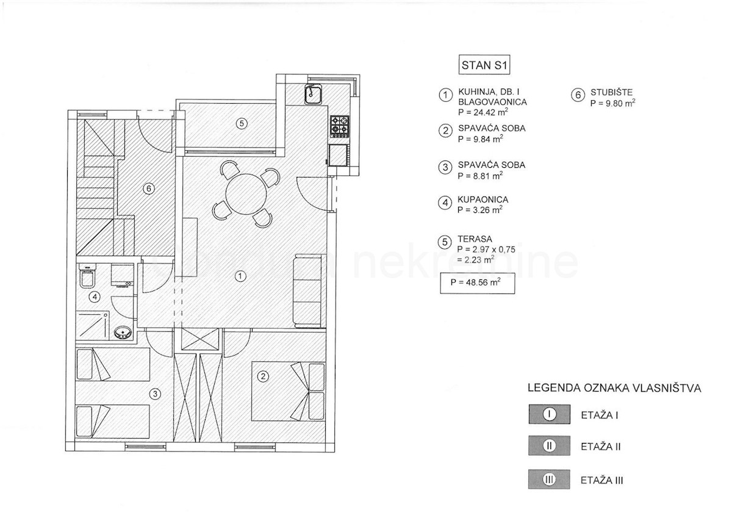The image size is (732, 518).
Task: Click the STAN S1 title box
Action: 484,65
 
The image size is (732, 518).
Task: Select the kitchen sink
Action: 313,94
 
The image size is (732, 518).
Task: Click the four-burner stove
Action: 340,126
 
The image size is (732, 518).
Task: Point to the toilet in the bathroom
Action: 88,276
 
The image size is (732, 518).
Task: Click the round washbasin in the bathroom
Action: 123,333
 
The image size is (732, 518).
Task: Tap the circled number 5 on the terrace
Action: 242,123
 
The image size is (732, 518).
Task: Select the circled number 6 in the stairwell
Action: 149,189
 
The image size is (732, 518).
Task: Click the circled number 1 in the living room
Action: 240,276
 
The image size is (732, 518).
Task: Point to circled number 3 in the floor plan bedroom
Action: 155,394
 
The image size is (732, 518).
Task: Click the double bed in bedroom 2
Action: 288,391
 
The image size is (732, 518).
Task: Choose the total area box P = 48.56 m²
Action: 478,283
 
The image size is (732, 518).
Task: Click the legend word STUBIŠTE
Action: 611,93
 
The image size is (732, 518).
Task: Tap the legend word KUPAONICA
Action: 483,200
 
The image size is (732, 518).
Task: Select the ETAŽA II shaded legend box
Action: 550,445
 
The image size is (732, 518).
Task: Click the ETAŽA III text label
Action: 601,480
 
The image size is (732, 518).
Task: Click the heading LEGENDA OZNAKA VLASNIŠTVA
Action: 614,388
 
